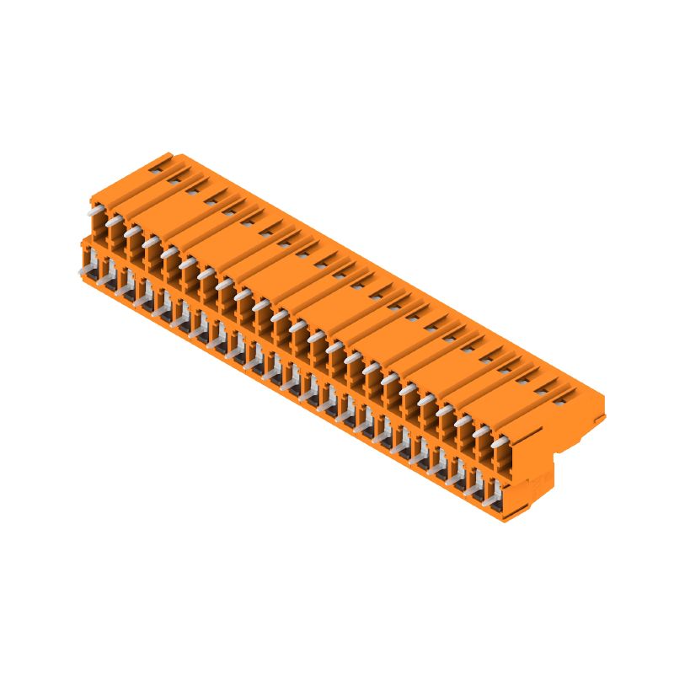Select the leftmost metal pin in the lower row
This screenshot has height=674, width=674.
pyautogui.click(x=86, y=271)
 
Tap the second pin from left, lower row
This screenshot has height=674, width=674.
pyautogui.click(x=104, y=281)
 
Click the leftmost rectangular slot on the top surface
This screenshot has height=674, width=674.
pyautogui.click(x=172, y=179)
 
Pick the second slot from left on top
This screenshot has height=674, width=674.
pyautogui.click(x=190, y=190)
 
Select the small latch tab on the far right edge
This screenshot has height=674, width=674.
pyautogui.click(x=600, y=418)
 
